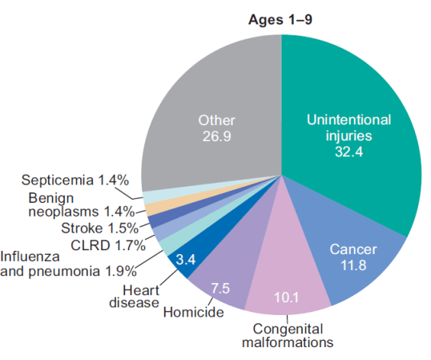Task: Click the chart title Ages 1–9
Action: tap(281, 18)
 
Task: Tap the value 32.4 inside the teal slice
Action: tap(349, 152)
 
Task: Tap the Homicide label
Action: tap(193, 312)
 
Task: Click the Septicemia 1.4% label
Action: tap(75, 180)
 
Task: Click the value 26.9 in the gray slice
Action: tap(215, 136)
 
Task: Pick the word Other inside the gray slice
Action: tap(216, 121)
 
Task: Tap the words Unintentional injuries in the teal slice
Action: tap(349, 127)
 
